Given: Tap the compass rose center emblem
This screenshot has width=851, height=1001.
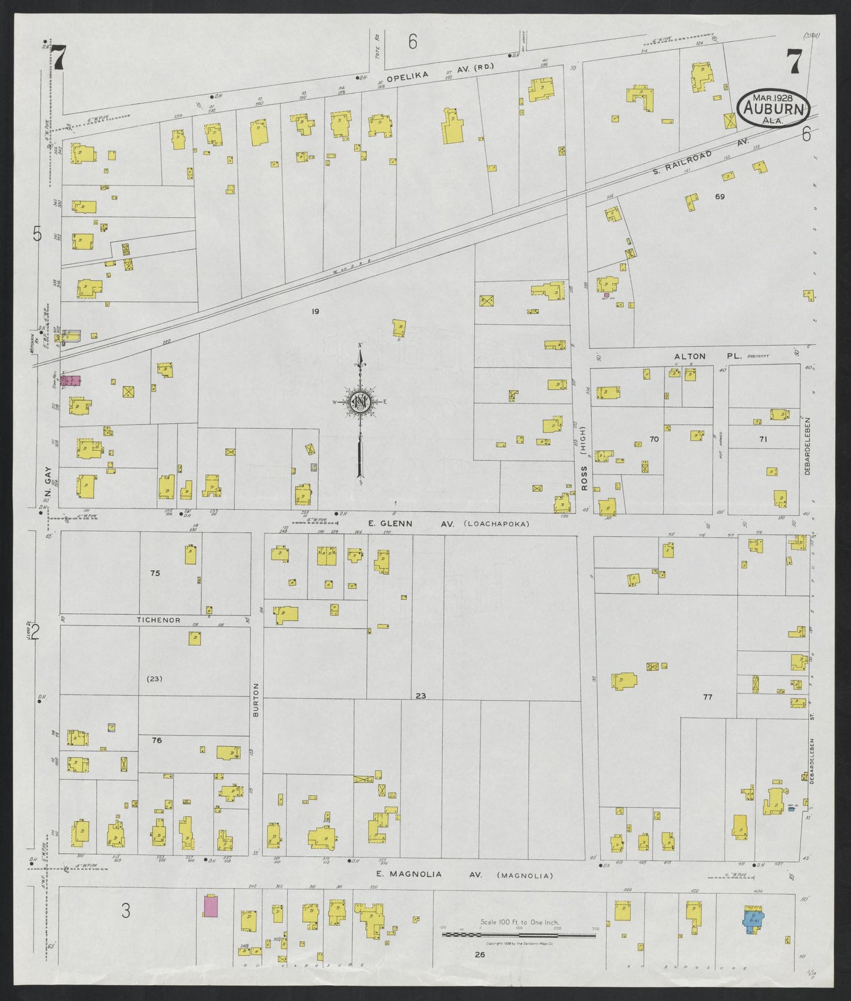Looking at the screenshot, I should click(359, 402).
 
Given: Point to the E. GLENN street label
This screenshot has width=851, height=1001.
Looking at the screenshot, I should click(389, 524).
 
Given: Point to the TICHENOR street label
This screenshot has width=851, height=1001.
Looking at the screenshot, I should click(158, 620).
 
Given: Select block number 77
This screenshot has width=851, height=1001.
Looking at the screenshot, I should click(707, 697).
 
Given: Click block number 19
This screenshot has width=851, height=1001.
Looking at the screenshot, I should click(316, 311).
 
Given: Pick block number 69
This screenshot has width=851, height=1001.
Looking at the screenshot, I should click(720, 197).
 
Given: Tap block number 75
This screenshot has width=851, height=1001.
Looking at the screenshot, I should click(155, 573).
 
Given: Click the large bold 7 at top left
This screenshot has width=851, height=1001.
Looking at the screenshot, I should click(59, 58).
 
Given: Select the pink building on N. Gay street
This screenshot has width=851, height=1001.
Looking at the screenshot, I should click(71, 380).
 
